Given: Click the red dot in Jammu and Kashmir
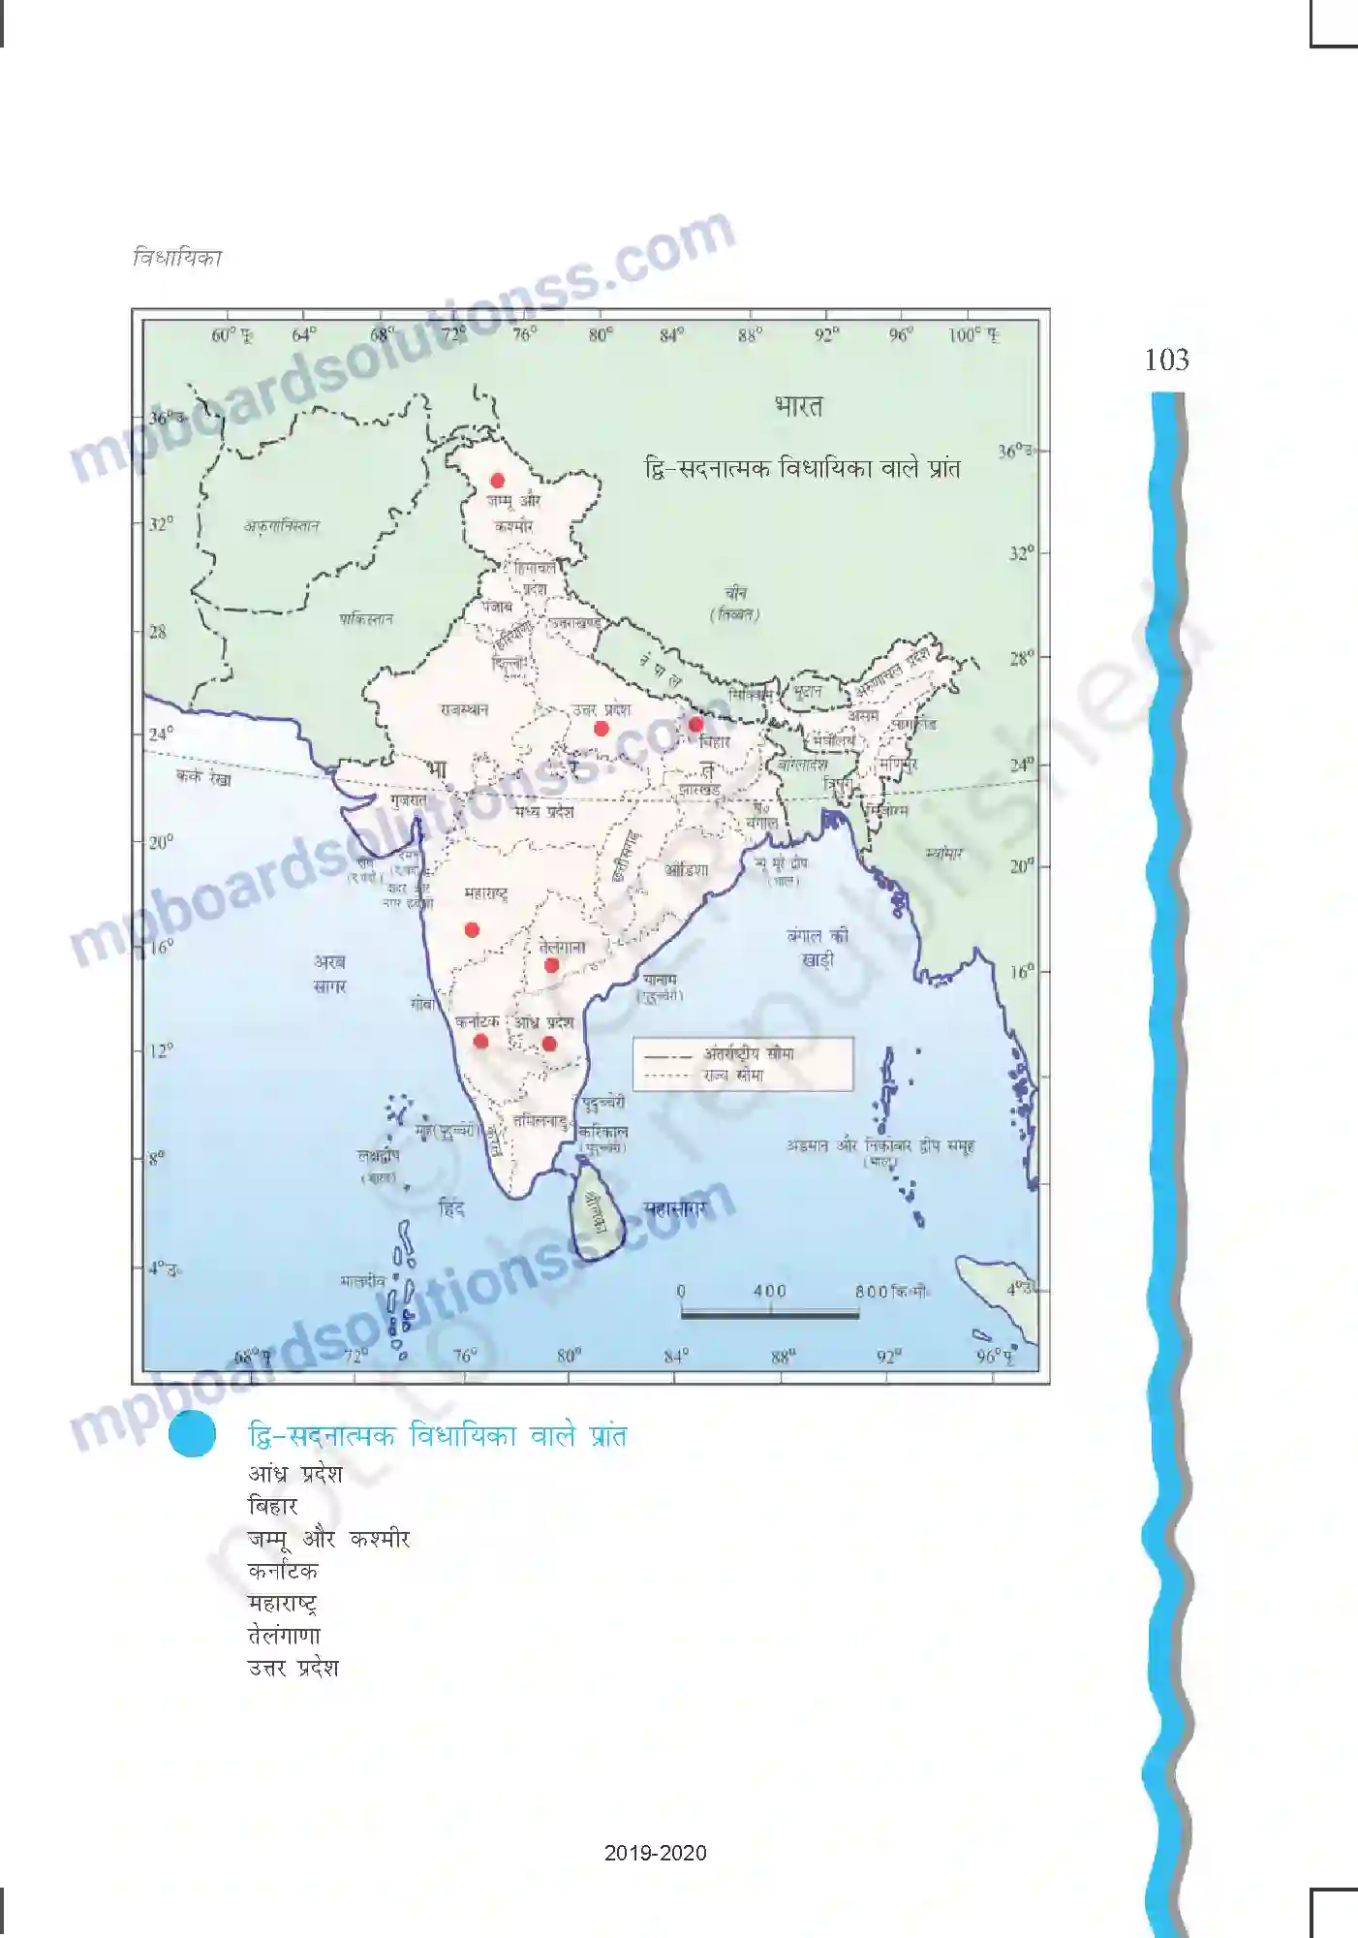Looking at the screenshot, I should tap(497, 481).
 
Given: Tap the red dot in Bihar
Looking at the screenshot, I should tap(695, 725).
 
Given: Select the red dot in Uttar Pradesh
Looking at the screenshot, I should tap(602, 729).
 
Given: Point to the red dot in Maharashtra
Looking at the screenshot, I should tap(472, 930).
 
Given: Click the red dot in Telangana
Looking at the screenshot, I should tap(551, 965).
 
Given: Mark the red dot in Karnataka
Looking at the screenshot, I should tap(480, 1042).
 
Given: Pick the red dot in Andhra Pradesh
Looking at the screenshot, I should tap(549, 1044).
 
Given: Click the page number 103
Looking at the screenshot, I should tap(1166, 360).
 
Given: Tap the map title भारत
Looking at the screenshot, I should tap(799, 406).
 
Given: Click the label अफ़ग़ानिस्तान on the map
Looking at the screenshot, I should tap(282, 526).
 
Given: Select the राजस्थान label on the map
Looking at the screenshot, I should tap(465, 709).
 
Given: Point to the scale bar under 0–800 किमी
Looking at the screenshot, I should tap(769, 1314).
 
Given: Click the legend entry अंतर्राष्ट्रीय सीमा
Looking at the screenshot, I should tap(749, 1053).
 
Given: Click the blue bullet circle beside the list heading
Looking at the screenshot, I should tap(192, 1434).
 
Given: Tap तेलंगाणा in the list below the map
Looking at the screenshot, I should tap(284, 1636).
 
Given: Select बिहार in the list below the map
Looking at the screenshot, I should tap(272, 1506).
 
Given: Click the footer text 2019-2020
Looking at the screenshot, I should tap(655, 1853).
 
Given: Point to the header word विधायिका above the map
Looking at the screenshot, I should tap(177, 258).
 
